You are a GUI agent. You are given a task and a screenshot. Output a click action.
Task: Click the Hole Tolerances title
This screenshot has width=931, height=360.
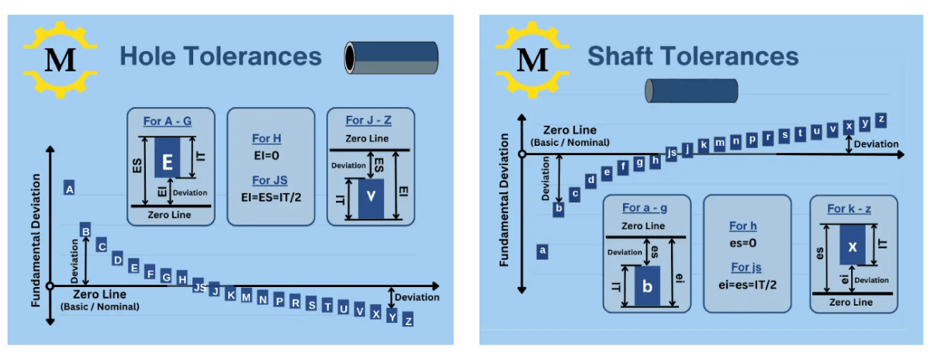[x=220, y=57]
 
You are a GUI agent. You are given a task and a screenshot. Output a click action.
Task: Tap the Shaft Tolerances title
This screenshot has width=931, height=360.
[x=693, y=57]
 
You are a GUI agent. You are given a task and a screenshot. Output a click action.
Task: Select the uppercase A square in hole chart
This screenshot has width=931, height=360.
[x=70, y=189]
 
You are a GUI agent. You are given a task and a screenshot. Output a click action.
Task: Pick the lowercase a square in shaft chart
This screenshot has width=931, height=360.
[x=542, y=251]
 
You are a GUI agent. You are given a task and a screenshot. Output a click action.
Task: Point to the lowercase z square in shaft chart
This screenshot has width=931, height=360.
[x=881, y=119]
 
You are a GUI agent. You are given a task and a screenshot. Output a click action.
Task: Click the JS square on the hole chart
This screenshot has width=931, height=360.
[x=199, y=286]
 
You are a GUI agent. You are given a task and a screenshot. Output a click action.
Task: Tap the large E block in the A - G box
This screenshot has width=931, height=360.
[x=166, y=163]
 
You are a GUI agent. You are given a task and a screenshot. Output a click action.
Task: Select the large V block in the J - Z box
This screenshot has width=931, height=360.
[x=370, y=197]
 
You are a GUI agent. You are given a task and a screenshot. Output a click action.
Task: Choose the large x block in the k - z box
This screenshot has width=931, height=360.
[x=852, y=247]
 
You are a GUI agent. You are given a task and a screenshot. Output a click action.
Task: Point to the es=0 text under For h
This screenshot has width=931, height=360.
[x=742, y=244]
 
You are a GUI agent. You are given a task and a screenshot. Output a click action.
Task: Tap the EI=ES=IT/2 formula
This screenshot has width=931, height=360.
[x=271, y=197]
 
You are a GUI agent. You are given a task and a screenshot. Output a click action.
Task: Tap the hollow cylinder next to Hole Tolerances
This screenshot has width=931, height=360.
[x=391, y=57]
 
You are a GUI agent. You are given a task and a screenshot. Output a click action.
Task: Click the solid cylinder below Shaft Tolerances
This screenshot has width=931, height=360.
[x=681, y=90]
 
